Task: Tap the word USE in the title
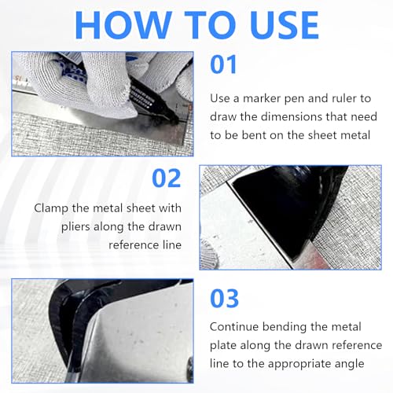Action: (x=284, y=25)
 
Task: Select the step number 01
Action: (x=223, y=64)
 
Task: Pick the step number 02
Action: (x=167, y=178)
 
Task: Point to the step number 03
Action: (x=224, y=298)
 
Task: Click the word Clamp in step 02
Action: (x=51, y=209)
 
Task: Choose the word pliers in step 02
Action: (x=75, y=227)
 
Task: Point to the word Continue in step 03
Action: (x=234, y=327)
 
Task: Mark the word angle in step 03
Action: (x=350, y=365)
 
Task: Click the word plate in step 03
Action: (x=223, y=346)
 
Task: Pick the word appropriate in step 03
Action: (x=300, y=365)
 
